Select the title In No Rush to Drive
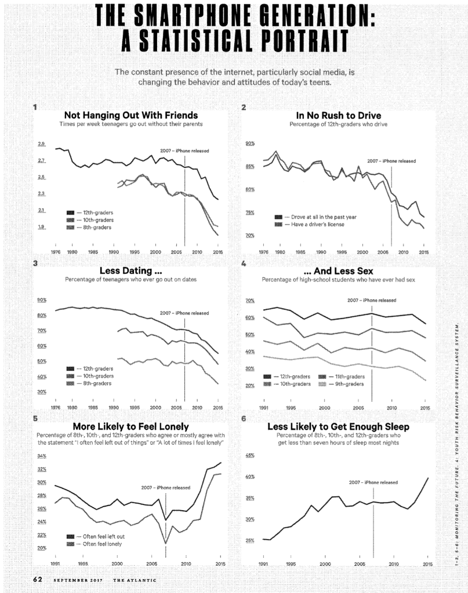click(338, 115)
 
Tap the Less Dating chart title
click(130, 270)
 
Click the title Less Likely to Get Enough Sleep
click(338, 426)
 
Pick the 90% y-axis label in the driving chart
click(250, 144)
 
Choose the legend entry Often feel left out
click(103, 537)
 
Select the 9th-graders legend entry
click(347, 384)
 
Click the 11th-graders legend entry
click(347, 376)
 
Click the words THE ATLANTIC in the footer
click(134, 580)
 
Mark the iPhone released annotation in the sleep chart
click(373, 482)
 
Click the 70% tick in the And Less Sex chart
click(250, 301)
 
